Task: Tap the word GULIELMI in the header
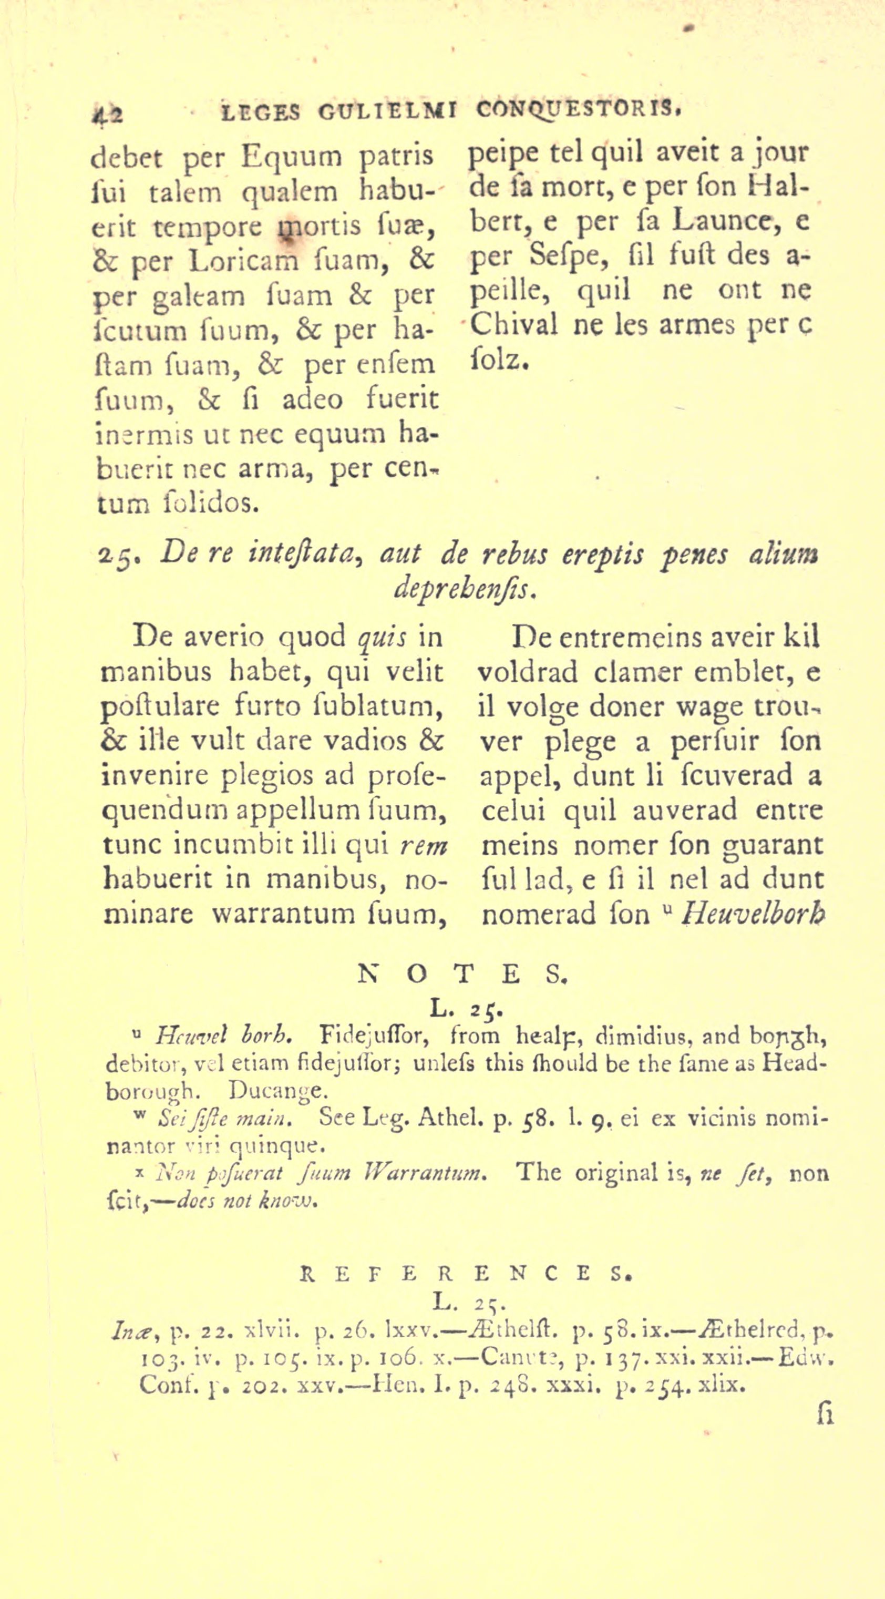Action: pyautogui.click(x=388, y=112)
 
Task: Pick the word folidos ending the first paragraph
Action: pyautogui.click(x=212, y=502)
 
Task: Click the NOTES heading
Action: pyautogui.click(x=463, y=975)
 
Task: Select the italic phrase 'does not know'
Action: pyautogui.click(x=247, y=1200)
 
